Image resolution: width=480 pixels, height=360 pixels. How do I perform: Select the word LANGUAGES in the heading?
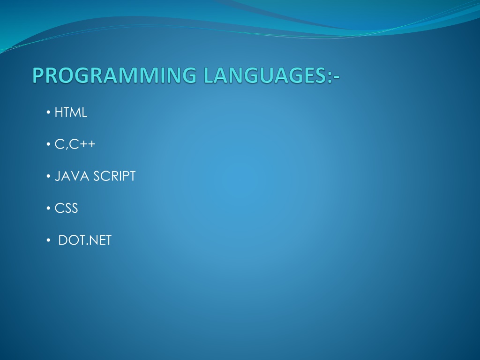click(x=265, y=75)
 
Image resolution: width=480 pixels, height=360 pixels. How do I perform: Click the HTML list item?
click(x=71, y=112)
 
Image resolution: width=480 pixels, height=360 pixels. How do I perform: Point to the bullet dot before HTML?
click(x=48, y=112)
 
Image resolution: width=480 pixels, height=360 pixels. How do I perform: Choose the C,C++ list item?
click(x=75, y=144)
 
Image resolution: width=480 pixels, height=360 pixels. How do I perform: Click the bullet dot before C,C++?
click(x=48, y=144)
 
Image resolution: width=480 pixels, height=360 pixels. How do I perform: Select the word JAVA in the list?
click(x=72, y=176)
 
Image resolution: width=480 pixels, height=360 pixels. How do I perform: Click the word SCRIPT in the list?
click(x=114, y=176)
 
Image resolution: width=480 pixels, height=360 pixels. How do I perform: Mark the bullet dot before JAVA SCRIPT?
click(x=48, y=176)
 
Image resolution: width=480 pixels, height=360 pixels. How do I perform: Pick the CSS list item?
click(x=66, y=208)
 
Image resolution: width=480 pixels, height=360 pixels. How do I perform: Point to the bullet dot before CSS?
click(x=48, y=208)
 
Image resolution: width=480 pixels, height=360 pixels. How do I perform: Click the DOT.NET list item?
click(x=85, y=240)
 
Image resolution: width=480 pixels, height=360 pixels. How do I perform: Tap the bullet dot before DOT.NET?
click(x=48, y=240)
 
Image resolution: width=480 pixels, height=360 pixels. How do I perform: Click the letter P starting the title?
click(x=38, y=75)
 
